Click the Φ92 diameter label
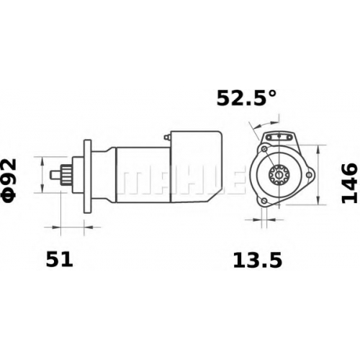[x=9, y=181]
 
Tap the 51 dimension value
[x=59, y=260]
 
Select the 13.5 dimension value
[x=257, y=261]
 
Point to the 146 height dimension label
[x=349, y=183]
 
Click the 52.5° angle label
[x=246, y=98]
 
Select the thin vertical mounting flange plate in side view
[x=88, y=176]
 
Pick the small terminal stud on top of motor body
[x=167, y=138]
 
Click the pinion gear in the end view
[x=279, y=175]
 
